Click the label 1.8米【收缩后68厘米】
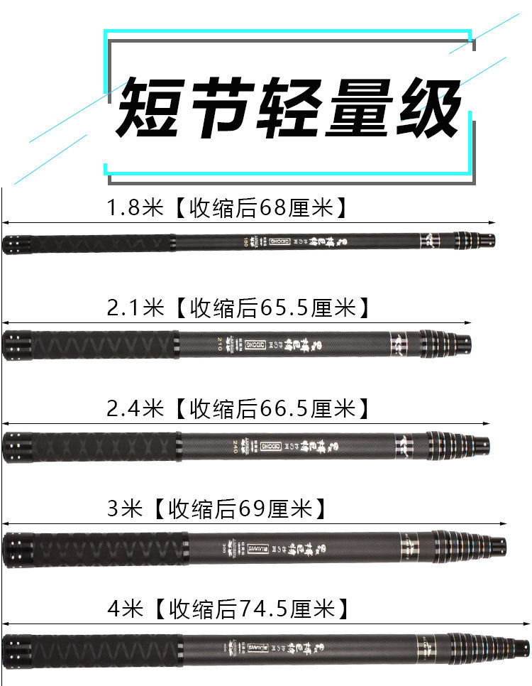point(227,208)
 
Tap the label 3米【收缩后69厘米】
point(216,508)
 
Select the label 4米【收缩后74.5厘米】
point(227,608)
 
